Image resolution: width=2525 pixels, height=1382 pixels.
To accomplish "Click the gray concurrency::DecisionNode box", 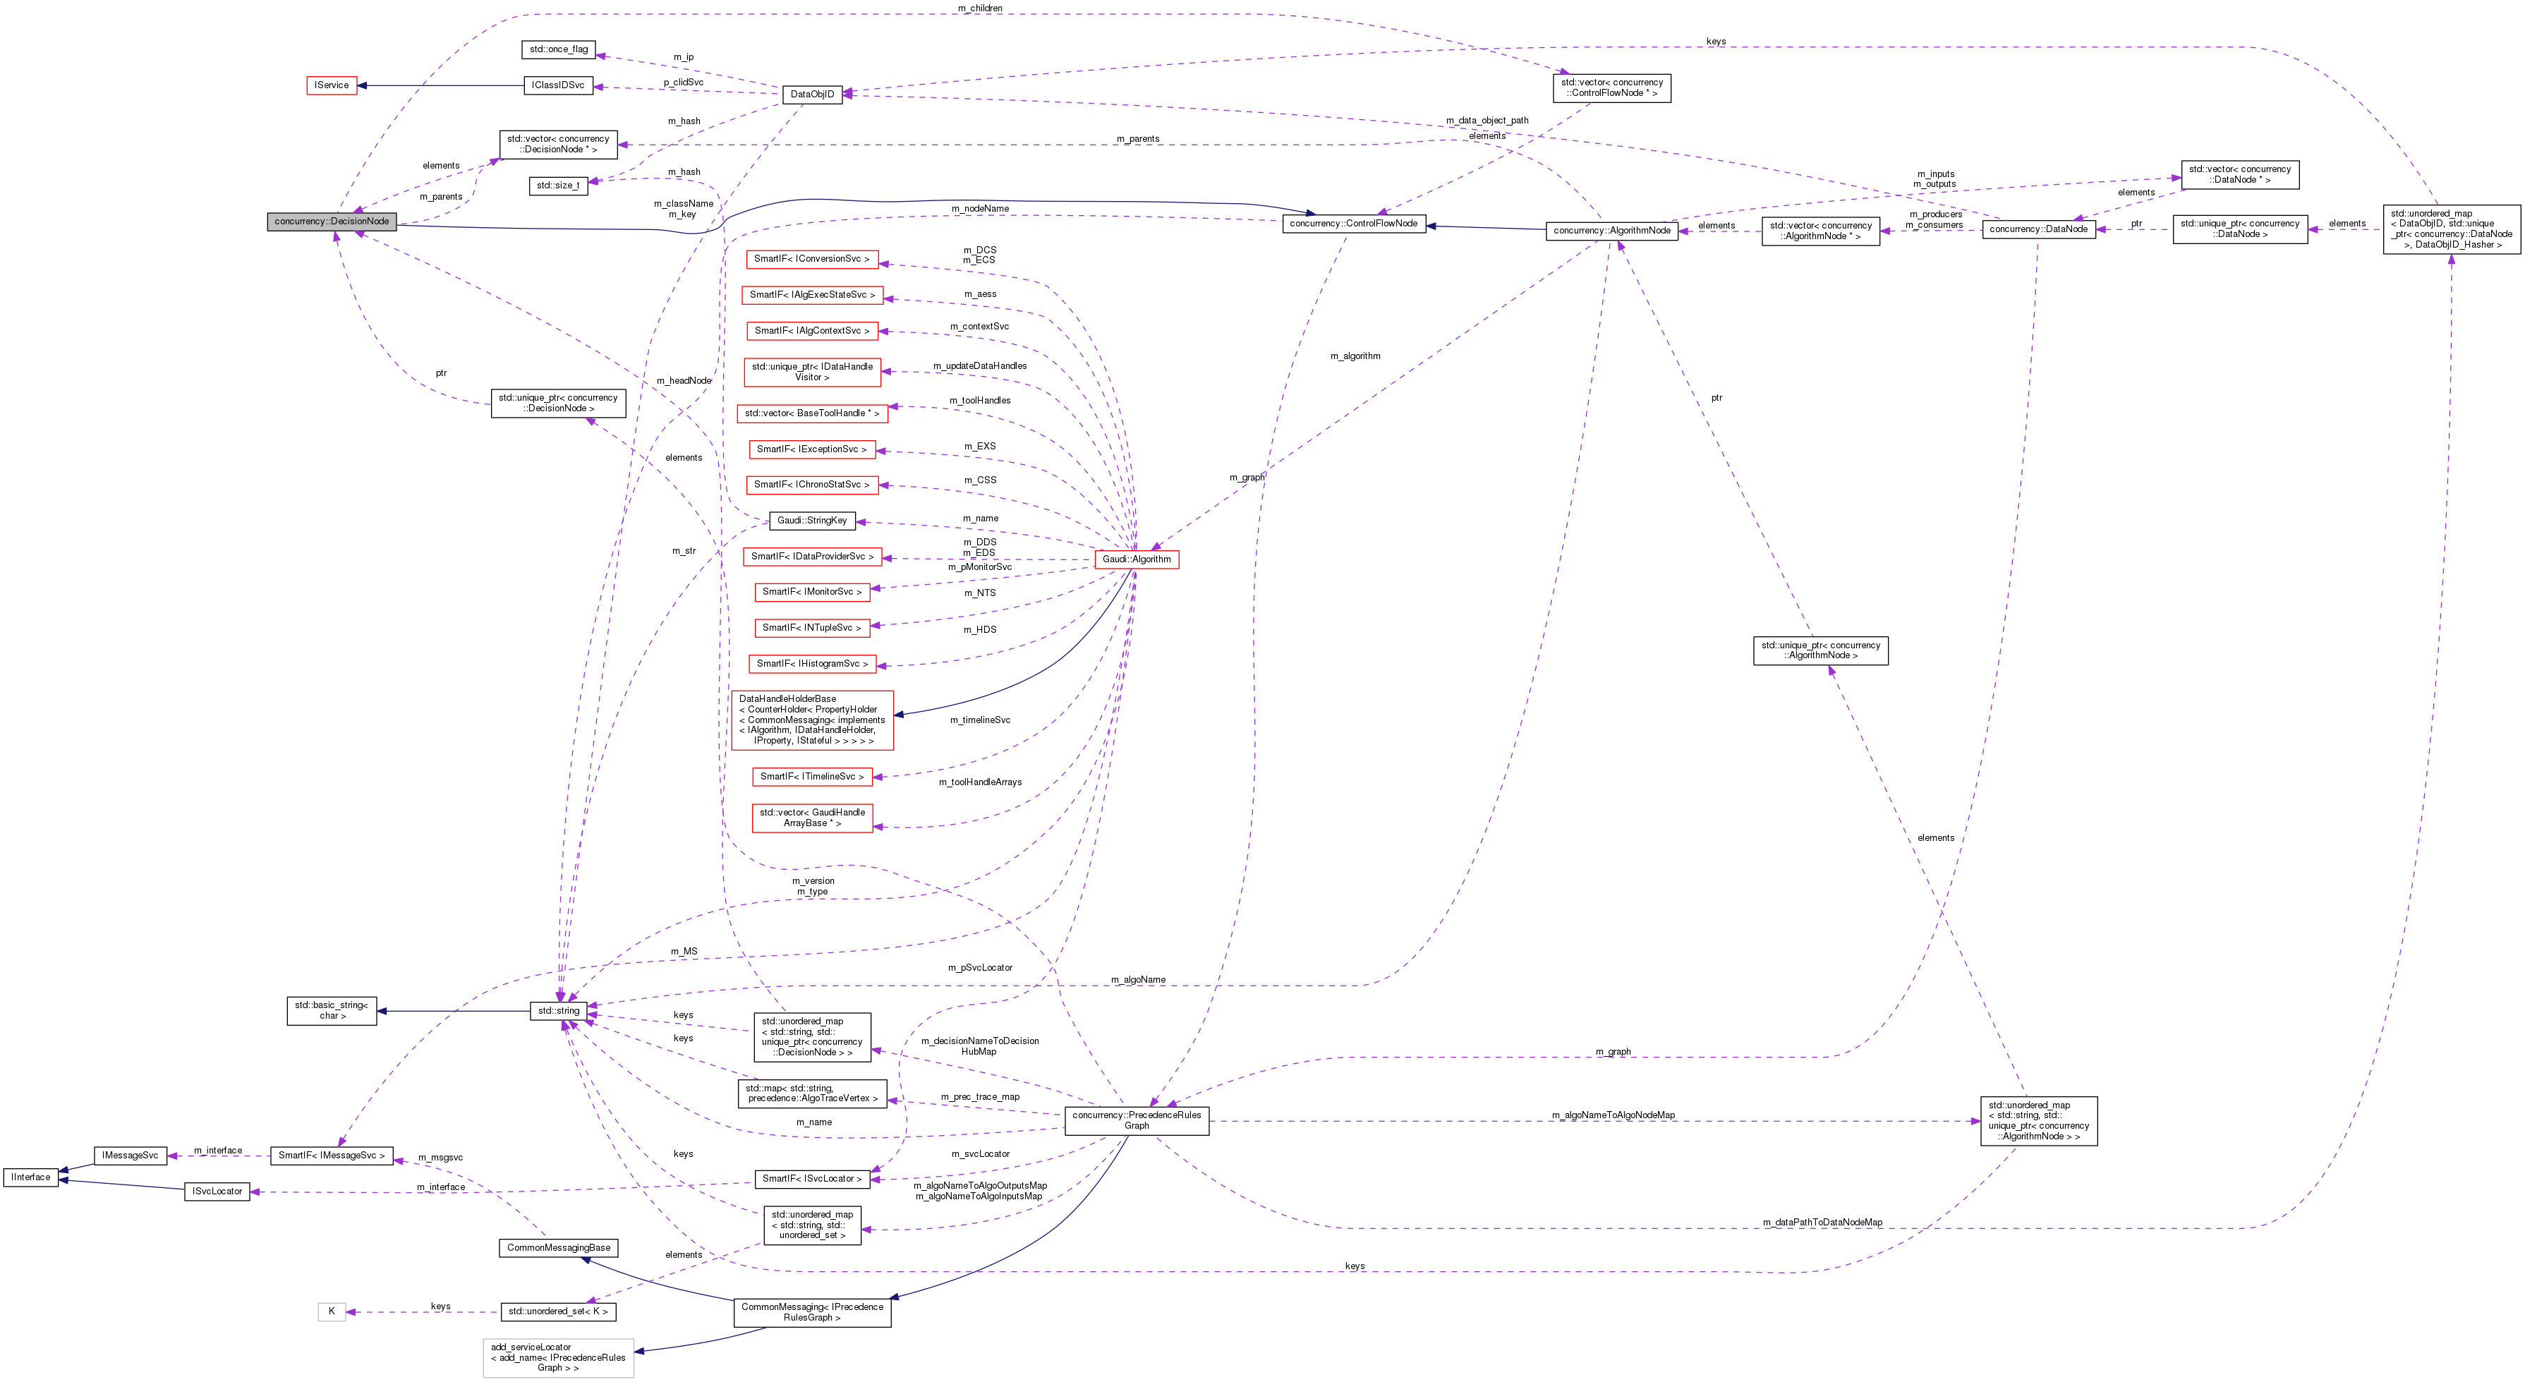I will [332, 222].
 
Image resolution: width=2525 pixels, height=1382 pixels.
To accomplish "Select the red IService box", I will [332, 85].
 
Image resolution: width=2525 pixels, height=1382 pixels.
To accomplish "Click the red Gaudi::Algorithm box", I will [1136, 559].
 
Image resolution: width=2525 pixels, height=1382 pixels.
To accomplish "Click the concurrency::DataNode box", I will [2037, 229].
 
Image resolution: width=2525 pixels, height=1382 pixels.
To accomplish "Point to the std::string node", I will [559, 1010].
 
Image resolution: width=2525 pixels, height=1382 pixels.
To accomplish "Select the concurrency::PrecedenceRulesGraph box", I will [1136, 1120].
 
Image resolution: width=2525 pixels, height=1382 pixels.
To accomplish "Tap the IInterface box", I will [30, 1177].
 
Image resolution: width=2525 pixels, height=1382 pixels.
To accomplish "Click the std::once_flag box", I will [559, 49].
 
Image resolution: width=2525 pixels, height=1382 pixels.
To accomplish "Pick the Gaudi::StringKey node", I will [811, 521].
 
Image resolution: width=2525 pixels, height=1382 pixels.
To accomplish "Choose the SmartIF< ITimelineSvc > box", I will [811, 776].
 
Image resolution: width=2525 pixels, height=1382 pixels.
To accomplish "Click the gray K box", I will [332, 1311].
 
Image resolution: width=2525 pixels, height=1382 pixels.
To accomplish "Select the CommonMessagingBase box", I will [559, 1248].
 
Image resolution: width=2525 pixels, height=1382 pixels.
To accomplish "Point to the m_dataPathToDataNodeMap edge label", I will [1821, 1223].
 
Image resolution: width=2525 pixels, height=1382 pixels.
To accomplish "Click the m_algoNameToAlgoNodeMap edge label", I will [1613, 1115].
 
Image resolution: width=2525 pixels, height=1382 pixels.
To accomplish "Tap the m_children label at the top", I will [979, 8].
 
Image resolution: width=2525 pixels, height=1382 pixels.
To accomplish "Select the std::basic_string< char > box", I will [332, 1010].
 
